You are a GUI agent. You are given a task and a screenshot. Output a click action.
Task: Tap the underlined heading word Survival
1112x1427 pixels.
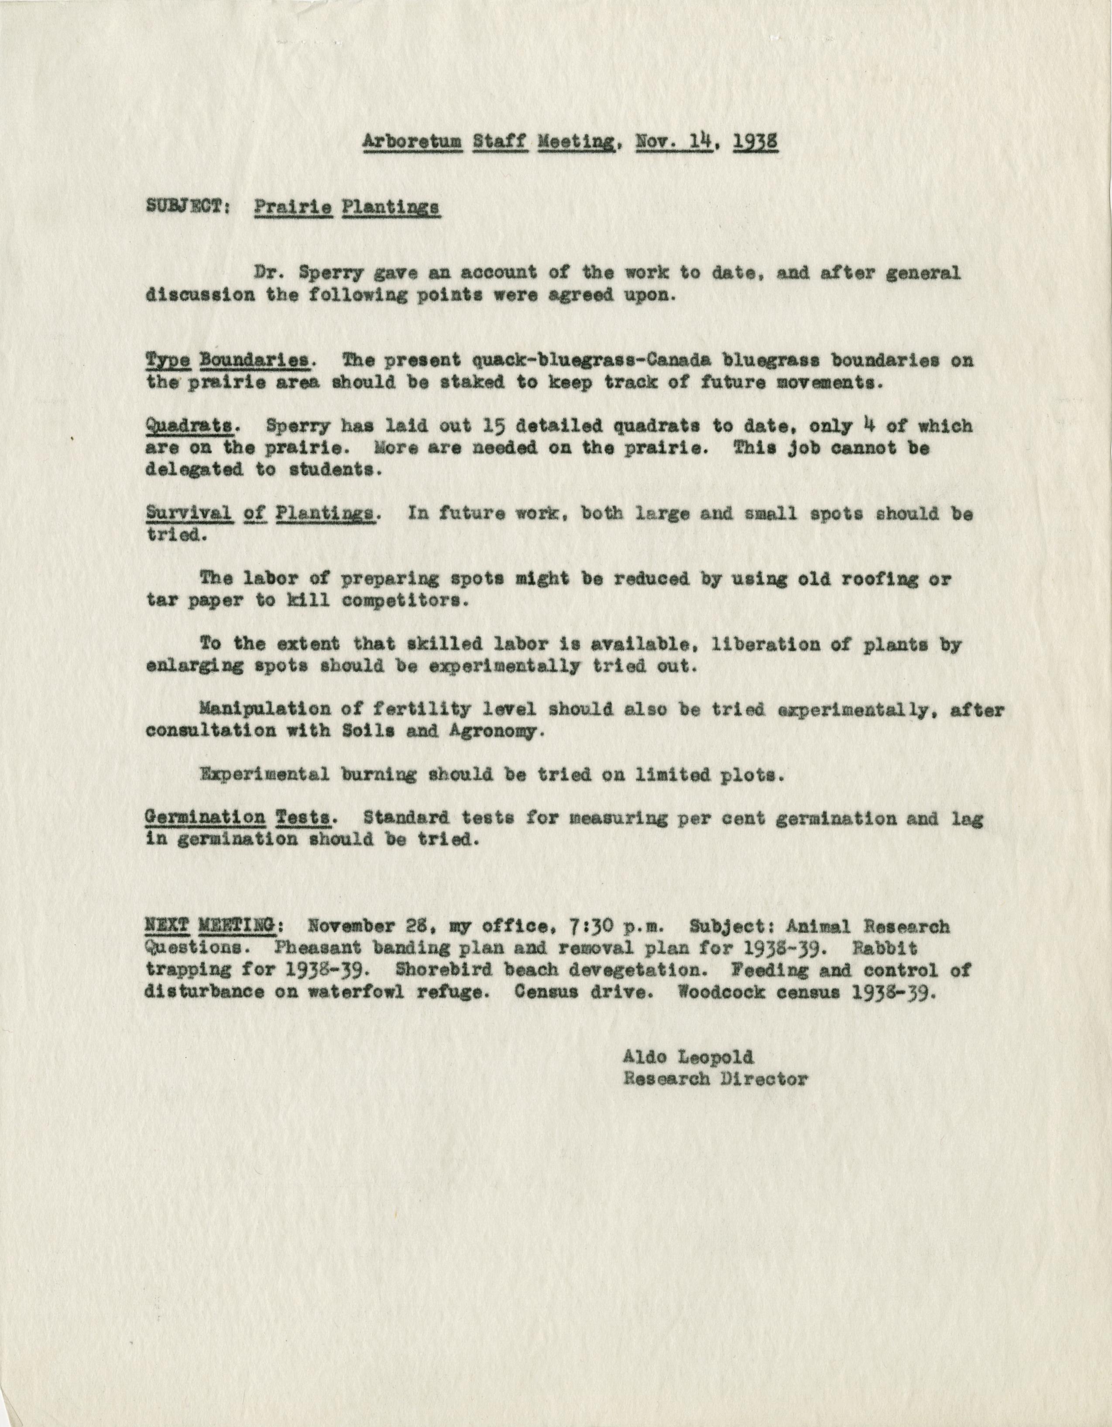tap(189, 514)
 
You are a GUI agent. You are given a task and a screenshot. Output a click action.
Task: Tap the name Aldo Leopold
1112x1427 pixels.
tap(688, 1057)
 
